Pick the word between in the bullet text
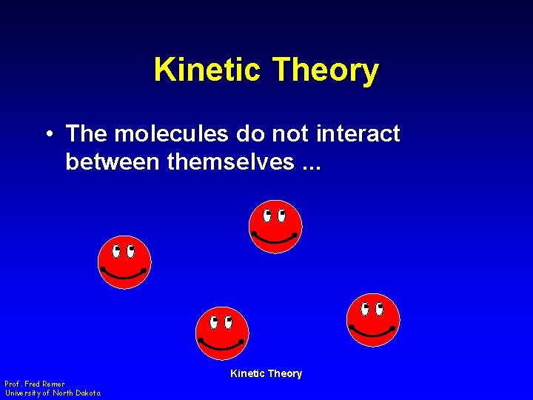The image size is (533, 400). pos(113,161)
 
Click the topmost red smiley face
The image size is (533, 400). pos(275,226)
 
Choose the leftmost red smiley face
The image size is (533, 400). pos(124,262)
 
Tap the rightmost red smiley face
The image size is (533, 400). pos(373,320)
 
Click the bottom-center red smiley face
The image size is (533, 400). pos(221,333)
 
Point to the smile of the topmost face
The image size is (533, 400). pos(275,239)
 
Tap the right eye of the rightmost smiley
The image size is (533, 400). pos(380,308)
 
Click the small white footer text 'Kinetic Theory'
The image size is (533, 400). pos(266,373)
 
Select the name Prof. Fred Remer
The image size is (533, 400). pos(35,384)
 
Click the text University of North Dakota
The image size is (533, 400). pos(53,393)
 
